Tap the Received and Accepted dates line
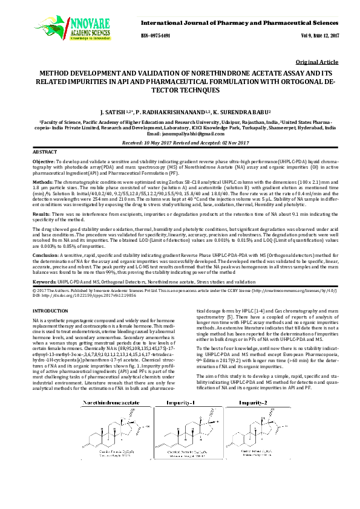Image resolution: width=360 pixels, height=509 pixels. [x=180, y=143]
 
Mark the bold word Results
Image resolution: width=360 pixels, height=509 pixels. [x=41, y=214]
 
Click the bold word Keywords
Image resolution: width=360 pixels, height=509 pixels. [x=44, y=282]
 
